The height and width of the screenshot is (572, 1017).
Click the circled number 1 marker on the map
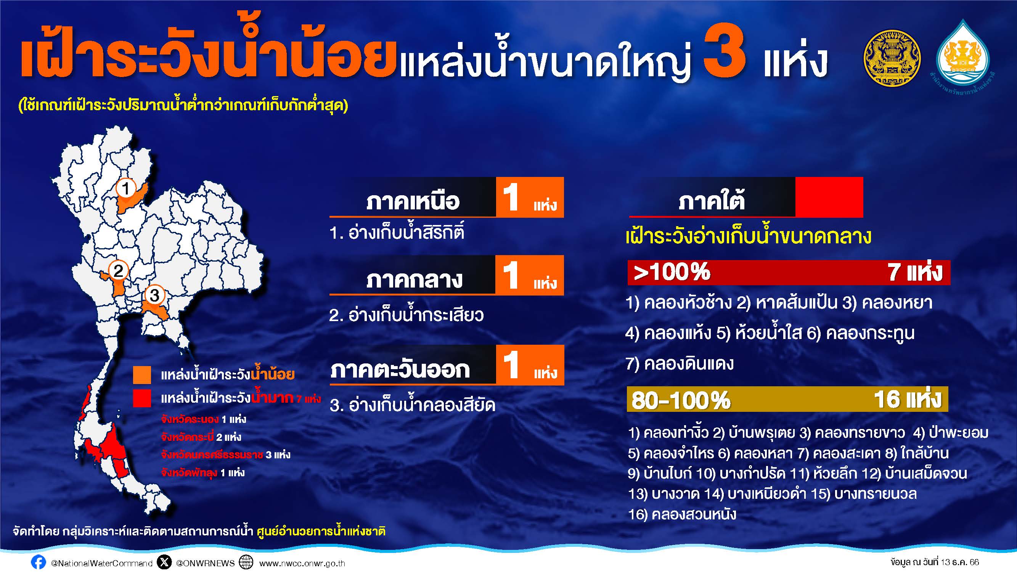(x=126, y=188)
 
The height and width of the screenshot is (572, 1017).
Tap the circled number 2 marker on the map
(x=118, y=270)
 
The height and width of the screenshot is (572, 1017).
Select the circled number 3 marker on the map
(x=154, y=294)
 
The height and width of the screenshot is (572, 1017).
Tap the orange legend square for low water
(x=142, y=374)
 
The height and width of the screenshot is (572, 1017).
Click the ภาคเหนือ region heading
(x=413, y=201)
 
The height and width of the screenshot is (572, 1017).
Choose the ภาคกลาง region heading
(x=414, y=280)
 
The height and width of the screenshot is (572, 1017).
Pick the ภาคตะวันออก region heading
(x=400, y=370)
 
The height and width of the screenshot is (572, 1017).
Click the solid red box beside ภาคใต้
(x=829, y=197)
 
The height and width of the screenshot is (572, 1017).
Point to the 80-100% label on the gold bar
(x=681, y=400)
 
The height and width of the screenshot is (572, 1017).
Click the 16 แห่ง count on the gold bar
(x=908, y=399)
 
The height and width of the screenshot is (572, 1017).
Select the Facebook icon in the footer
(x=38, y=562)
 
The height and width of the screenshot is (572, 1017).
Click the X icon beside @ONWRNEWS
(x=164, y=562)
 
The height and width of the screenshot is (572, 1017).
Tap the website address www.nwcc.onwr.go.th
(x=302, y=563)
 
